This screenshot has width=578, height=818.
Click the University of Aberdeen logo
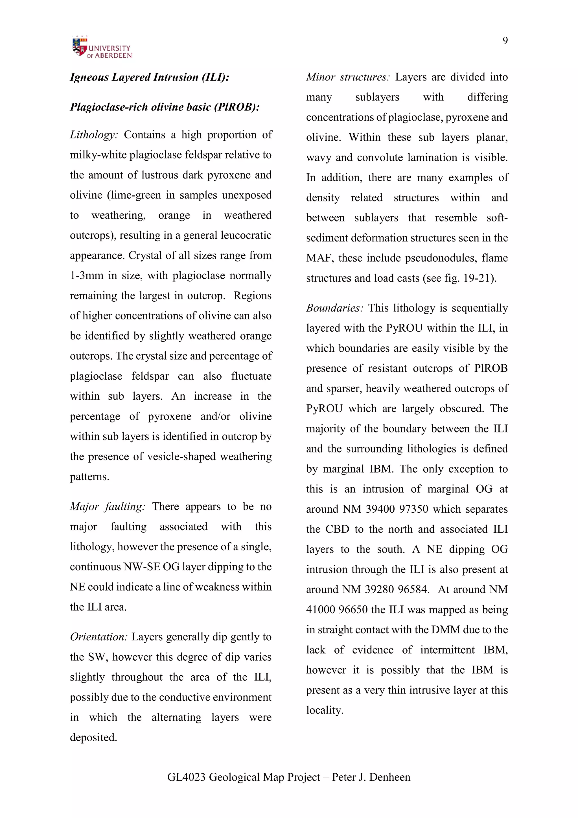(102, 48)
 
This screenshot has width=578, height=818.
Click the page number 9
(505, 41)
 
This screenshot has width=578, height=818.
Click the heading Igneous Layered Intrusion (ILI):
(150, 77)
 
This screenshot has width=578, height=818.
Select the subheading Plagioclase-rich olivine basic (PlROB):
(165, 107)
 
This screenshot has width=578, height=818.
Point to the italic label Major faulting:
(108, 507)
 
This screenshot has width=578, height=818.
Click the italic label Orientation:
(98, 637)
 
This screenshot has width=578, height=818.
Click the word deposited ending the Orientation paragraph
(93, 737)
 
